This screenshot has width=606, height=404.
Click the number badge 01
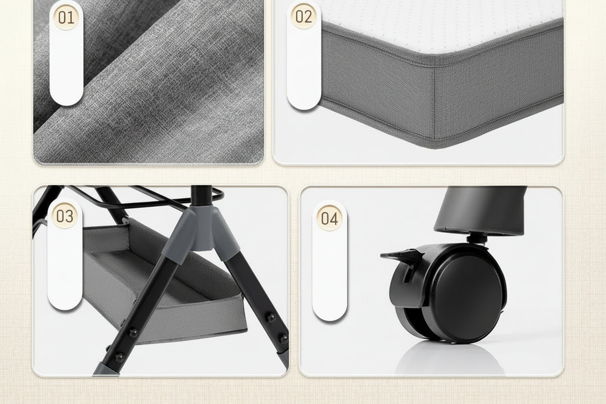point(66,17)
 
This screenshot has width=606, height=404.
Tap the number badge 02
point(303,16)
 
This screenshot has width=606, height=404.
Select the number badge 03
point(65,216)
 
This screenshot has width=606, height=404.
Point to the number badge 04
point(330,218)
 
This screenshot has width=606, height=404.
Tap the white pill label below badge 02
point(303,67)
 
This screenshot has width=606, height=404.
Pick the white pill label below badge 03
point(65,268)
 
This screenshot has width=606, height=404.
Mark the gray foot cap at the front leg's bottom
point(106,370)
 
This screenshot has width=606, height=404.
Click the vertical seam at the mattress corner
point(435,103)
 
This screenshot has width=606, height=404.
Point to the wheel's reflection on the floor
point(449,358)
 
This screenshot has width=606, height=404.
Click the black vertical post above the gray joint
point(201,196)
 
